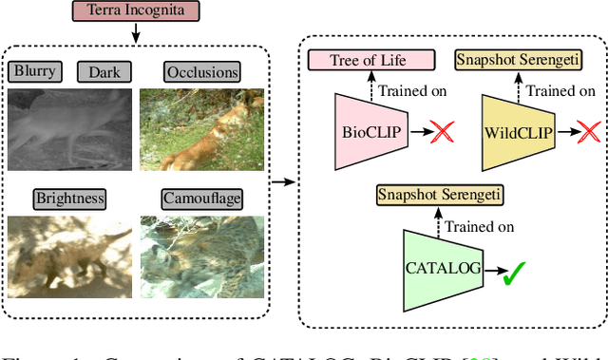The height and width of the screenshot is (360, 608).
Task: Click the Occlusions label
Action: [x=201, y=72]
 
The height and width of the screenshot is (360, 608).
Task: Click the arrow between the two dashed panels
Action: [x=281, y=180]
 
